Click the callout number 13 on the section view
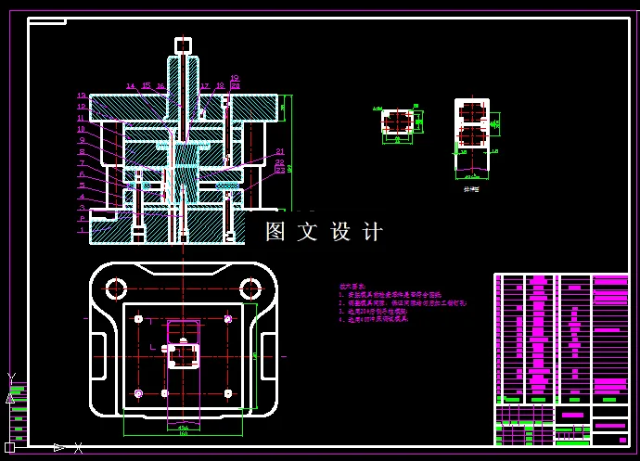[x=82, y=96]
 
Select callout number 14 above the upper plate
[x=131, y=86]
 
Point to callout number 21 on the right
[x=279, y=152]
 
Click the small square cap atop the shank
[x=183, y=45]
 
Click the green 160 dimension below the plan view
[x=183, y=433]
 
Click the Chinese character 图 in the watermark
[x=275, y=232]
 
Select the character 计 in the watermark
[x=372, y=232]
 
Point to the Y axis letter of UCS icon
[x=11, y=378]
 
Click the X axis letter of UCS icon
[x=79, y=448]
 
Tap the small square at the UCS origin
[x=10, y=448]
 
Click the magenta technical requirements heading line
[x=352, y=287]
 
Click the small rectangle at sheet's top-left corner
[x=46, y=20]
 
